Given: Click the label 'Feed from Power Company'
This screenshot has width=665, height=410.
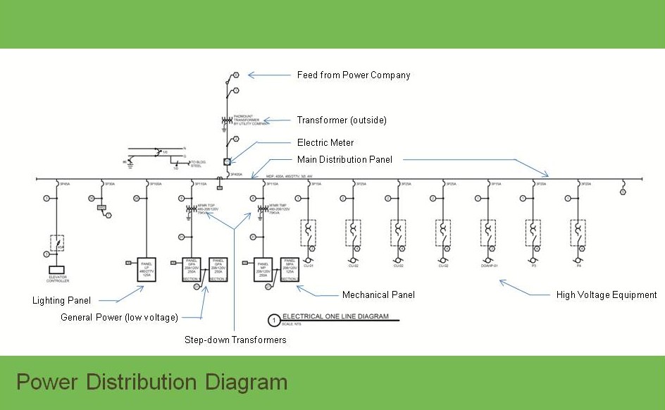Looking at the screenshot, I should pyautogui.click(x=354, y=75).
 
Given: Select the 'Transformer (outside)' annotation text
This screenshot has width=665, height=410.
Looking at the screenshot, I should pyautogui.click(x=342, y=120).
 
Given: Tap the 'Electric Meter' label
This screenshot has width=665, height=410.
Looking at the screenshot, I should pyautogui.click(x=325, y=143).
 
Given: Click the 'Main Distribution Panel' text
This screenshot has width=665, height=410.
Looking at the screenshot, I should pyautogui.click(x=344, y=160).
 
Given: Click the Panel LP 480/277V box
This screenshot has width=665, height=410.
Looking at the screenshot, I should pyautogui.click(x=147, y=270).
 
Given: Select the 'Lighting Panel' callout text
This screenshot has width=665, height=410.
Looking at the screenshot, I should pyautogui.click(x=61, y=301).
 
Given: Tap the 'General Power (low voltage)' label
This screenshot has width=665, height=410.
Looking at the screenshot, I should pyautogui.click(x=119, y=318).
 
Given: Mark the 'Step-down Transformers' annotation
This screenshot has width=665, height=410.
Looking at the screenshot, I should pyautogui.click(x=236, y=340).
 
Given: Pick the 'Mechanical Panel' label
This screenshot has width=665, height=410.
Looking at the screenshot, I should pyautogui.click(x=378, y=295).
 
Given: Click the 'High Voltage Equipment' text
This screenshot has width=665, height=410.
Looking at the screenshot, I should pyautogui.click(x=607, y=295).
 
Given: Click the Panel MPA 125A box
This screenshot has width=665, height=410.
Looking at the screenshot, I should pyautogui.click(x=289, y=269).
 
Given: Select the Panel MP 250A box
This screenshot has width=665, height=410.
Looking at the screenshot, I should pyautogui.click(x=263, y=269).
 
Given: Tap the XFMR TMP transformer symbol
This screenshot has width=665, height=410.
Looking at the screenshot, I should pyautogui.click(x=261, y=209).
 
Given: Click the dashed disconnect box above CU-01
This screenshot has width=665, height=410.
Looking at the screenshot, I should pyautogui.click(x=308, y=231).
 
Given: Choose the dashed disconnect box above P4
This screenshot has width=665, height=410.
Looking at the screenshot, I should pyautogui.click(x=578, y=231).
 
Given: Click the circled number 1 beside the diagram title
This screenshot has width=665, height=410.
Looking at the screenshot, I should pyautogui.click(x=273, y=321).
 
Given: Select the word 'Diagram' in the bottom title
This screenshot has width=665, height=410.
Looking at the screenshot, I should pyautogui.click(x=247, y=383).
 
